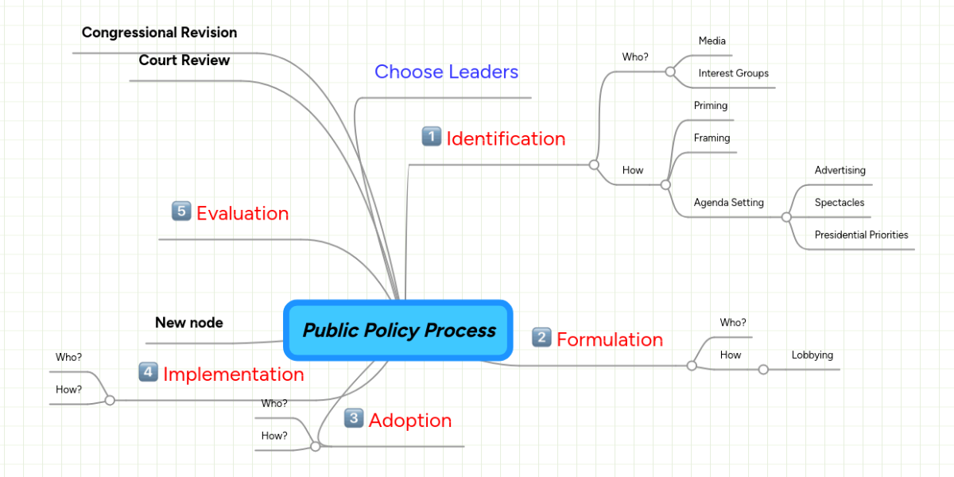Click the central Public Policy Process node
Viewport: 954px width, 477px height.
(x=399, y=331)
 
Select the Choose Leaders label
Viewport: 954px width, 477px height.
(x=446, y=72)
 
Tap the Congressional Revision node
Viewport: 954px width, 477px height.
(x=159, y=33)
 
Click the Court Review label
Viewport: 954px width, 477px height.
(x=184, y=60)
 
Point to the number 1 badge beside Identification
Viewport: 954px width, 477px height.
(x=431, y=138)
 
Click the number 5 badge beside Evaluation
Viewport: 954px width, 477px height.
(x=181, y=211)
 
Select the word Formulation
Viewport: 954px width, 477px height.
(x=609, y=339)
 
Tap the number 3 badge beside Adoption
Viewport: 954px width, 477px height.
(x=354, y=418)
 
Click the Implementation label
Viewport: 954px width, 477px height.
(x=233, y=374)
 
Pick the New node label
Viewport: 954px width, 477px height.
(x=188, y=323)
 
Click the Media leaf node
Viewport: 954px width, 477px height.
(x=712, y=41)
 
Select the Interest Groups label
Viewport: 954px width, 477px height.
(x=733, y=73)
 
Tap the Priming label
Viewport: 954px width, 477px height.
(x=710, y=106)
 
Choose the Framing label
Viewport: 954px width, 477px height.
(x=712, y=138)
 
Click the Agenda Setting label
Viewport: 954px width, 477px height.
(x=728, y=203)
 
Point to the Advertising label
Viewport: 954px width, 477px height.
(x=840, y=170)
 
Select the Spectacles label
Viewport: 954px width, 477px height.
(x=839, y=203)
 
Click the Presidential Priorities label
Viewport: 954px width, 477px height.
(x=861, y=235)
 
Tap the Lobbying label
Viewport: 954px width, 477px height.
(x=812, y=355)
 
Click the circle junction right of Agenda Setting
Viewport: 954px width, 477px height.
(x=786, y=217)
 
